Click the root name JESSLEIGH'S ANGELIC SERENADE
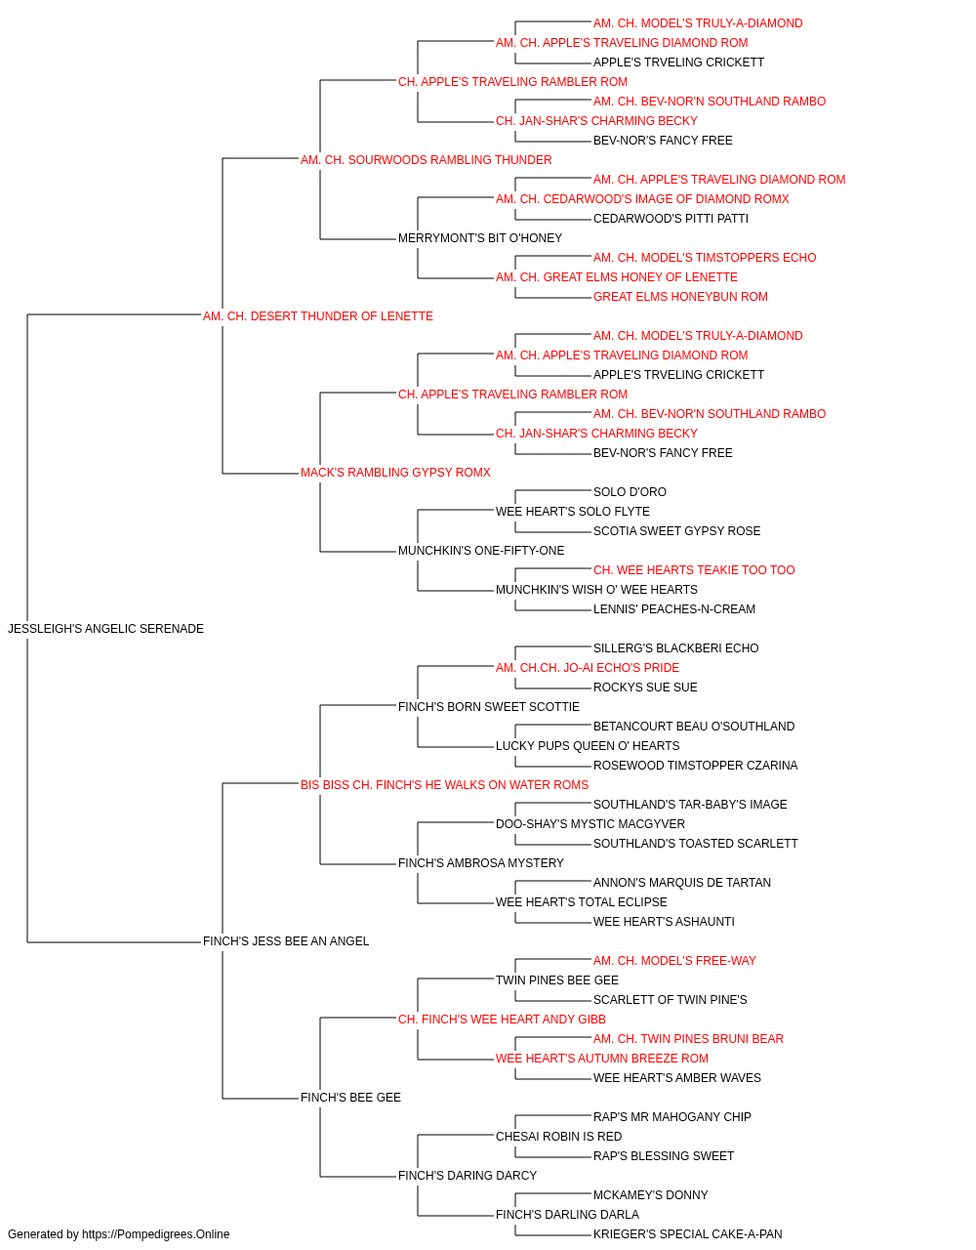(x=105, y=629)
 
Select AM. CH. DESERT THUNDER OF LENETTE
(x=318, y=316)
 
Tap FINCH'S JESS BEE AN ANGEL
(x=286, y=941)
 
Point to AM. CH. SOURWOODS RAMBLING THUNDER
(x=426, y=160)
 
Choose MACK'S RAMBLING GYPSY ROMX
(x=395, y=473)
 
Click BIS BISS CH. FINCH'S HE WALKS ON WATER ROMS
(x=444, y=785)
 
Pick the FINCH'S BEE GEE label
(x=350, y=1098)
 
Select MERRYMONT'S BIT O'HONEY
(x=480, y=238)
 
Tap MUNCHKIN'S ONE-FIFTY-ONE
(x=481, y=551)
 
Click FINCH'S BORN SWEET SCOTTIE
(x=489, y=707)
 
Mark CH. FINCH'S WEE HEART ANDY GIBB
(x=502, y=1020)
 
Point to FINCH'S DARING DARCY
(x=468, y=1176)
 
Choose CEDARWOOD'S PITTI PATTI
(x=671, y=219)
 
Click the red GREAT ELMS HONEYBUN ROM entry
(x=680, y=297)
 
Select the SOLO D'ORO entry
(x=630, y=492)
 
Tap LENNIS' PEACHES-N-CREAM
(x=674, y=609)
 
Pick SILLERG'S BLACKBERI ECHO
(x=676, y=648)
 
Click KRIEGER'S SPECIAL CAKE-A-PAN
(x=687, y=1234)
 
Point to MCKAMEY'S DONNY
(x=651, y=1195)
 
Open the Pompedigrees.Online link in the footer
(x=156, y=1234)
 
